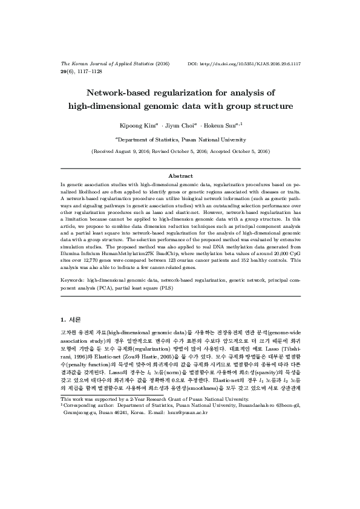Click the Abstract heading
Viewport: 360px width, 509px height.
[x=180, y=175]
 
